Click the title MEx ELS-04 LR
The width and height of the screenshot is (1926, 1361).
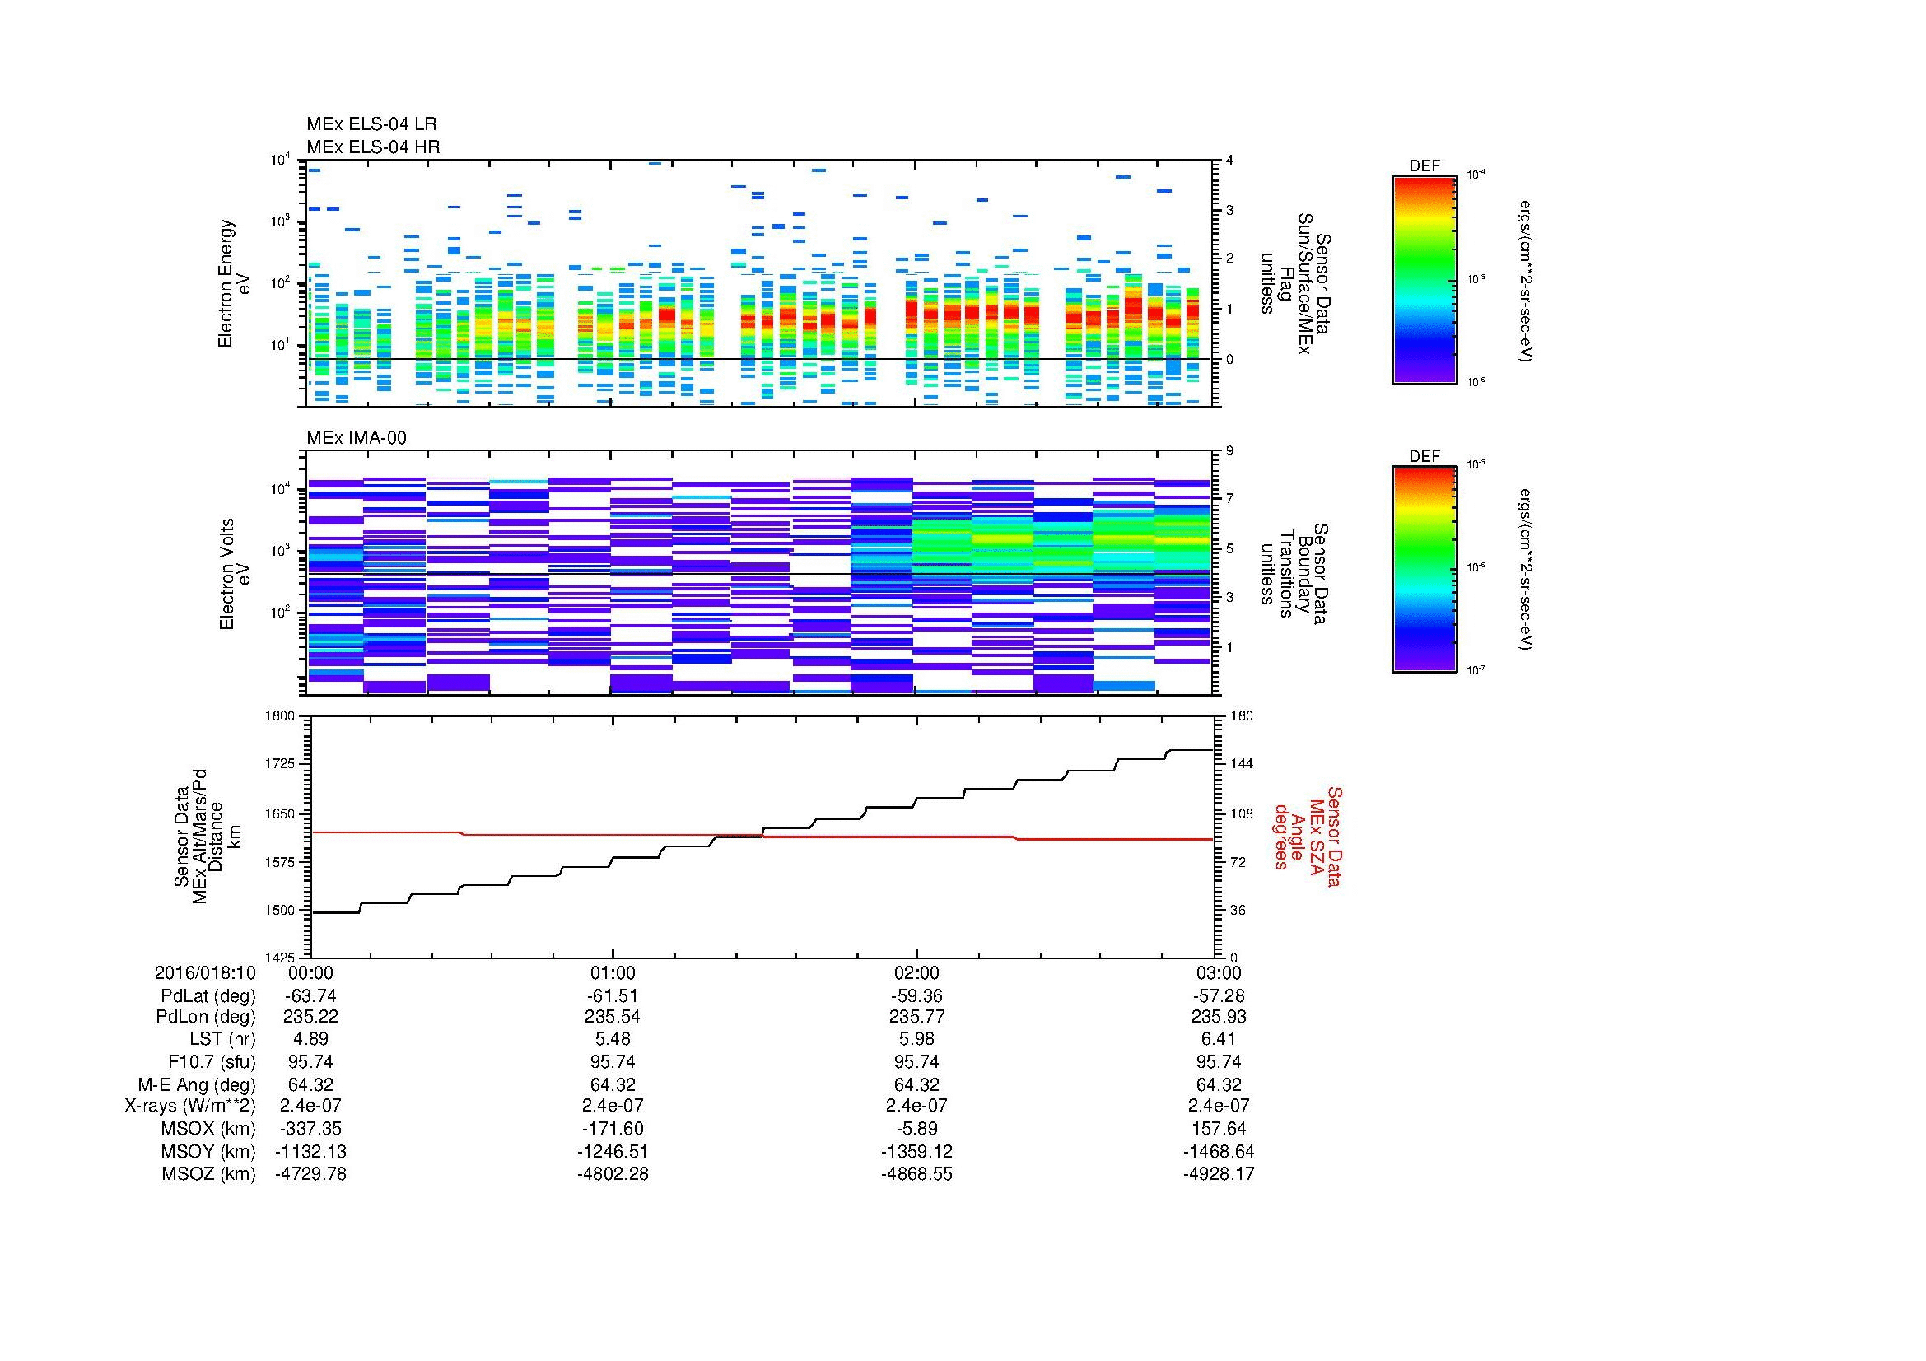coord(371,124)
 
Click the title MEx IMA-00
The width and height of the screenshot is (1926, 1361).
coord(356,438)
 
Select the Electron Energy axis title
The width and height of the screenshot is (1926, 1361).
coord(226,283)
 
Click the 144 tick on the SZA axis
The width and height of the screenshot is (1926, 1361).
coord(1241,764)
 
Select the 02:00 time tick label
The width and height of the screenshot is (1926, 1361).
coord(916,973)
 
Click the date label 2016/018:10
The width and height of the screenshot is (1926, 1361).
coord(205,973)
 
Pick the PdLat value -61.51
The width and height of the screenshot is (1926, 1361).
coord(613,996)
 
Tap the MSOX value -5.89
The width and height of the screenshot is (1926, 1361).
coord(916,1129)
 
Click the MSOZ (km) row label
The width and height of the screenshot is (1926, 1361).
coord(208,1174)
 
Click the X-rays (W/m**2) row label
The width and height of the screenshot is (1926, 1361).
coord(189,1106)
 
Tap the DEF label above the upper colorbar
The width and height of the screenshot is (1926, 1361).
coord(1424,166)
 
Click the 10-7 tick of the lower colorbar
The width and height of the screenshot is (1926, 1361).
coord(1475,669)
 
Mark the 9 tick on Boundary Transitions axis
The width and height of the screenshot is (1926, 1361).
coord(1229,451)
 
